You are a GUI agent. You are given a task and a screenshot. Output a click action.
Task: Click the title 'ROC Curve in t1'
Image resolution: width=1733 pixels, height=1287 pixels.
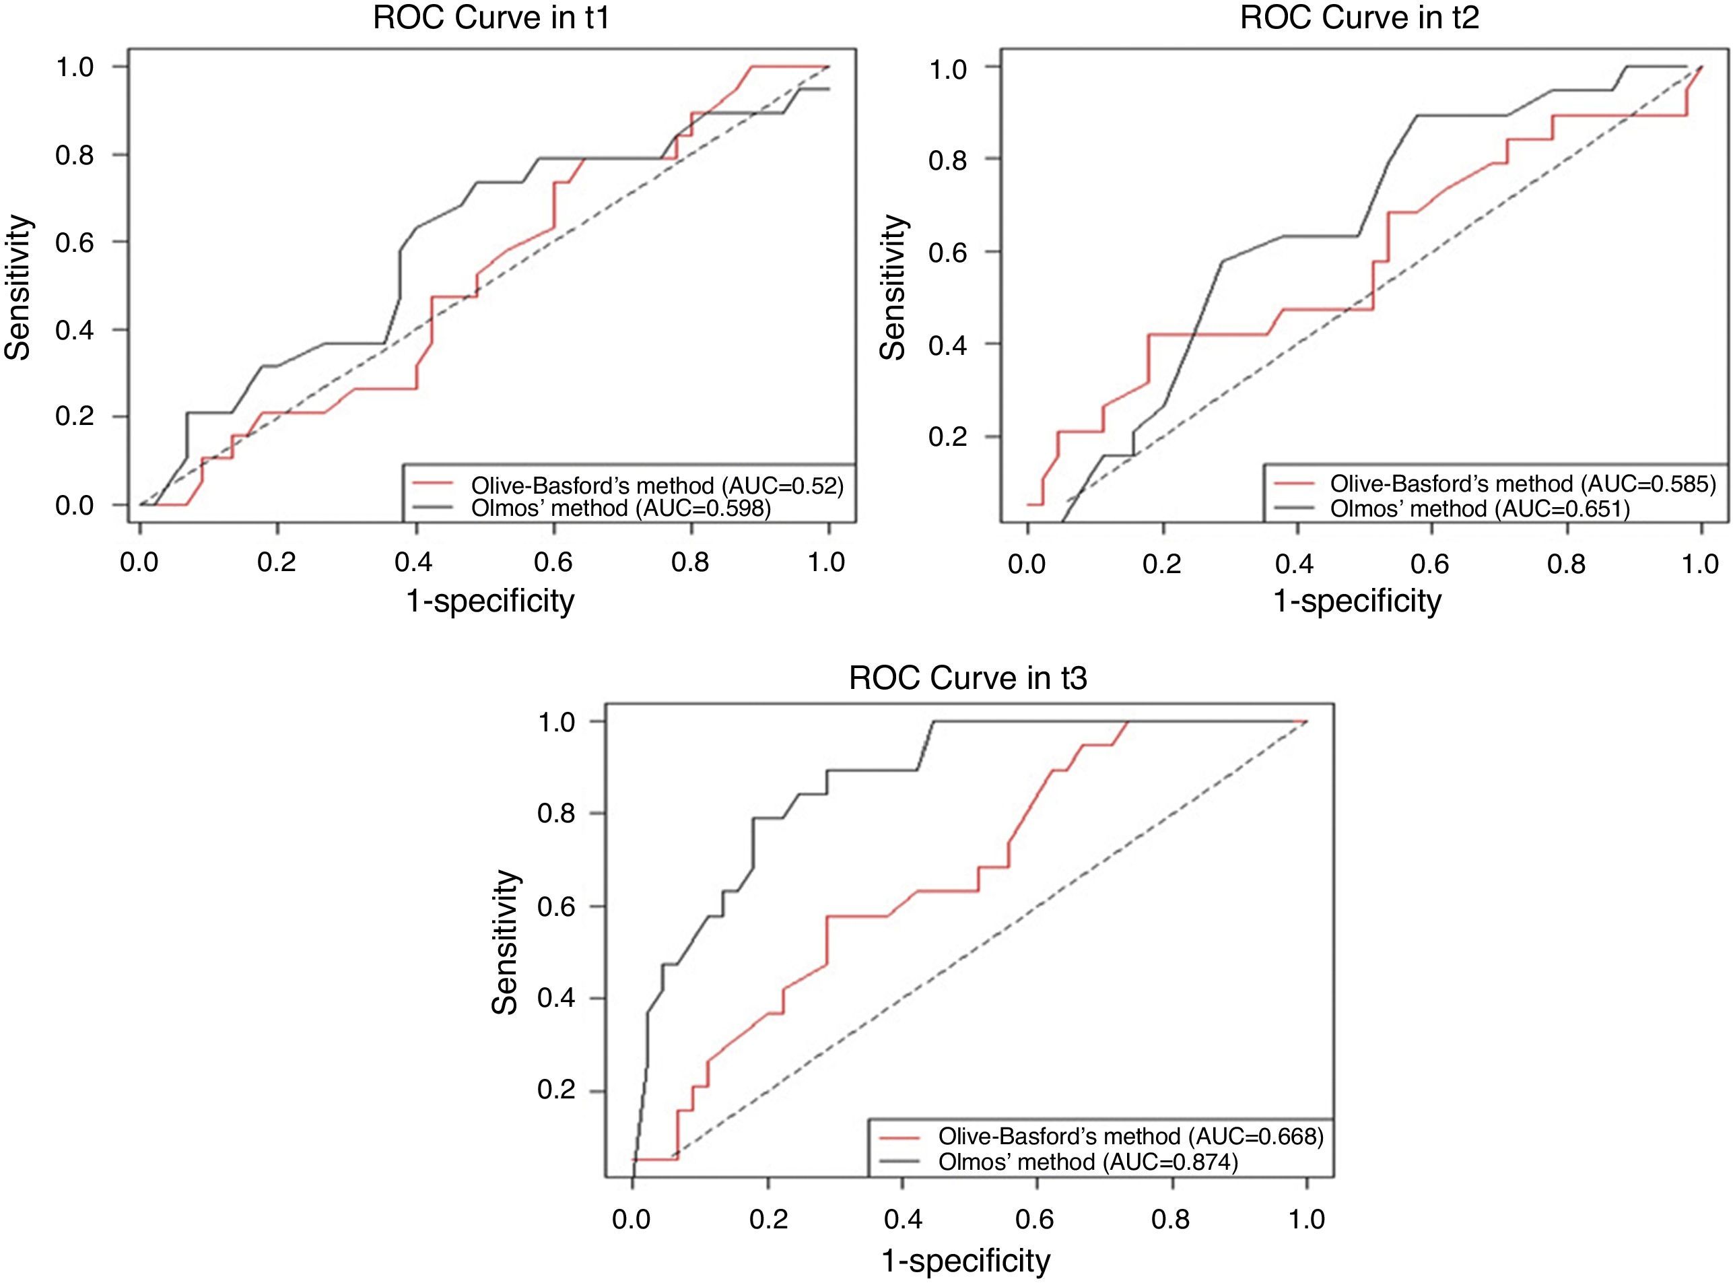[491, 17]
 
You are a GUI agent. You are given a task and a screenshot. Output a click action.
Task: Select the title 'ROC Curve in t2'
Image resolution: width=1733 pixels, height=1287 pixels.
[1359, 17]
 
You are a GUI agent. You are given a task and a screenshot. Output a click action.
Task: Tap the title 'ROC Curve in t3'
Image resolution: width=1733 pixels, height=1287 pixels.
[967, 678]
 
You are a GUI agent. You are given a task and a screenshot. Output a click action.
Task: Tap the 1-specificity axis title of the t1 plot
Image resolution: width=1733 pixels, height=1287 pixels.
[491, 601]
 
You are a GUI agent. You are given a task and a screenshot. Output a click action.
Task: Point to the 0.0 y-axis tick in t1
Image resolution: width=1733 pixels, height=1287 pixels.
[74, 506]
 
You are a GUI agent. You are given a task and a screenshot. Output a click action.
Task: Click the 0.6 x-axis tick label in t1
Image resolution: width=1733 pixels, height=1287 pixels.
[553, 562]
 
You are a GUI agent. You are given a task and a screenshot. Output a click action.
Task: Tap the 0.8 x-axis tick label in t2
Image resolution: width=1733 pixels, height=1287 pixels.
[1566, 563]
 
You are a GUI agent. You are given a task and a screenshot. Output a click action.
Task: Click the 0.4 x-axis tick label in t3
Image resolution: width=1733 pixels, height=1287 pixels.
[903, 1218]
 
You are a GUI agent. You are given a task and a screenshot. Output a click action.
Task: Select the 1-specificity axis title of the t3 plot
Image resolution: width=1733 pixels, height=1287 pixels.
[965, 1261]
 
